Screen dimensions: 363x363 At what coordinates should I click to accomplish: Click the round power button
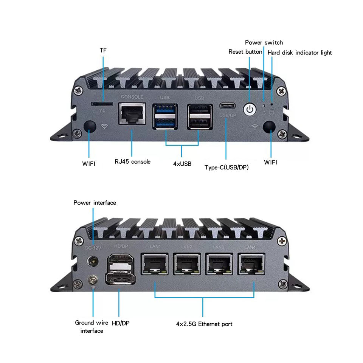249,110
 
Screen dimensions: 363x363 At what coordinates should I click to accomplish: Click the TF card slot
102,103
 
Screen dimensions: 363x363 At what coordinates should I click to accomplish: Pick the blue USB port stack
165,116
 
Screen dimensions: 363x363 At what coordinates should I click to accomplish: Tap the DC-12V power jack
92,261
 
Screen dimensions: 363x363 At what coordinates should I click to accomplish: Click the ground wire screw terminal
92,280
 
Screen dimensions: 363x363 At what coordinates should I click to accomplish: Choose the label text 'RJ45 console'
132,162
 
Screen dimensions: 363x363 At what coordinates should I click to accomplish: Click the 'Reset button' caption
245,51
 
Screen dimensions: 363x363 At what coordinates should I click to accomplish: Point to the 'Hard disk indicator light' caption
299,53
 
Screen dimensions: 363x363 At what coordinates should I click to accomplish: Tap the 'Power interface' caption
95,203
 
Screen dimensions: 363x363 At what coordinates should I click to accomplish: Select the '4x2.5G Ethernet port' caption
204,324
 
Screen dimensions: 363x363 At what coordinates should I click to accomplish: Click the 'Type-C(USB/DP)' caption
226,167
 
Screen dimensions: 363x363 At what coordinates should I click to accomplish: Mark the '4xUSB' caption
182,164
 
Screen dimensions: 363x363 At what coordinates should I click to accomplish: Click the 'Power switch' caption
264,42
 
